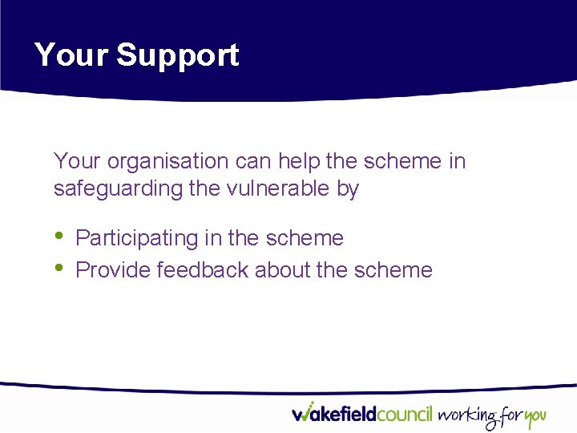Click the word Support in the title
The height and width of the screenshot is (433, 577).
pyautogui.click(x=177, y=55)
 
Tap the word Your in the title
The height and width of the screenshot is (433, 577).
pyautogui.click(x=71, y=55)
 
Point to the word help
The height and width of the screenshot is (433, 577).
pyautogui.click(x=299, y=161)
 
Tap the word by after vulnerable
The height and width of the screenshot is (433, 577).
pyautogui.click(x=347, y=189)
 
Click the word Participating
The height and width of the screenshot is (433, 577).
pyautogui.click(x=142, y=238)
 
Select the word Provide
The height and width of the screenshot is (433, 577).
pyautogui.click(x=113, y=270)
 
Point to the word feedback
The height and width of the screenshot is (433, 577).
pyautogui.click(x=203, y=270)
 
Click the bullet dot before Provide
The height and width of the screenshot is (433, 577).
pyautogui.click(x=59, y=268)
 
